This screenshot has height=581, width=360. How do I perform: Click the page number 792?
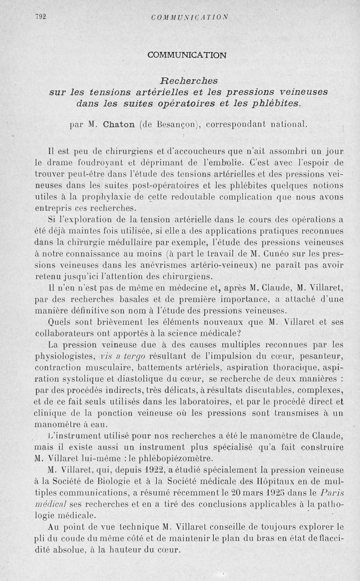41,18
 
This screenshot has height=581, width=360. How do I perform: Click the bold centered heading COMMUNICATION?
187,55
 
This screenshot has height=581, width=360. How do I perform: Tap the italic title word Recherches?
189,81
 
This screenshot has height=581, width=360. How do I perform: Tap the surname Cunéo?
279,254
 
